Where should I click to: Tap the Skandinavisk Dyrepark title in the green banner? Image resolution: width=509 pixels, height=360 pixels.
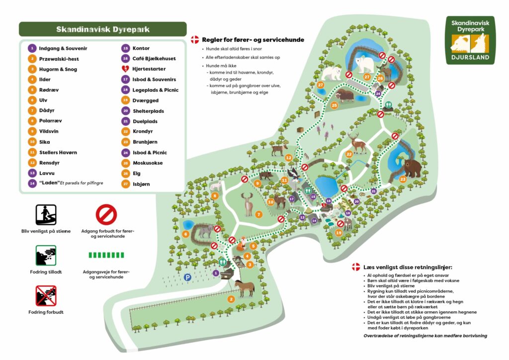[x=103, y=29]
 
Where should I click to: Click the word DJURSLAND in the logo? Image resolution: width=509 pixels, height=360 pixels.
[x=470, y=58]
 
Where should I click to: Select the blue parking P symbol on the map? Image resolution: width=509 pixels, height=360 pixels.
[x=188, y=277]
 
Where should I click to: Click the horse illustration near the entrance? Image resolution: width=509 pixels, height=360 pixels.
[x=244, y=287]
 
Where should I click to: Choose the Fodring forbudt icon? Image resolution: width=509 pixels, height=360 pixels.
[x=46, y=295]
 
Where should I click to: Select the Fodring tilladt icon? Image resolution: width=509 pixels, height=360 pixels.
[x=46, y=256]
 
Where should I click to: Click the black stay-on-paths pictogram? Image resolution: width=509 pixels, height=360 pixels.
[x=46, y=215]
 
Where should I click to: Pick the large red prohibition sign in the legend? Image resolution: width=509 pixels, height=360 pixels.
[x=106, y=215]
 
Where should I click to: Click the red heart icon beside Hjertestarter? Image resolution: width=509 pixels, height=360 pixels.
[x=126, y=69]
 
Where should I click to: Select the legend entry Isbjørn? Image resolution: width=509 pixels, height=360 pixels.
[x=141, y=184]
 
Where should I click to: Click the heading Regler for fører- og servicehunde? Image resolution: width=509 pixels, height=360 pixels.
[x=253, y=40]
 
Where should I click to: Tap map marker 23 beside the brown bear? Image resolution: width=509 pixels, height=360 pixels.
[x=402, y=179]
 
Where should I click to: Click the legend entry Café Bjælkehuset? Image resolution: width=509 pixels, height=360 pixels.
[x=151, y=59]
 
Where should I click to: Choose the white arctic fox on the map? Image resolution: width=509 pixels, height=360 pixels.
[x=216, y=185]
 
